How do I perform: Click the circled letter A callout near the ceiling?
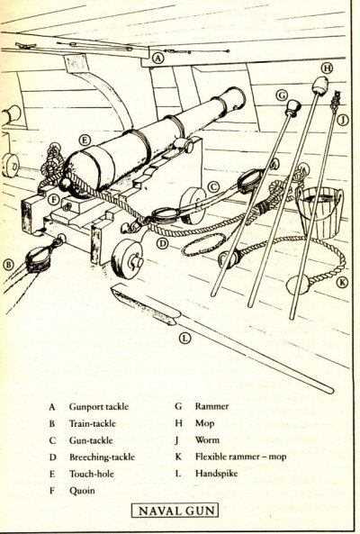[x=158, y=57]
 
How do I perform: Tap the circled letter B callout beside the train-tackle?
[x=8, y=265]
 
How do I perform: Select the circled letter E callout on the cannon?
[x=84, y=140]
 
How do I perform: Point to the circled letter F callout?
[x=54, y=199]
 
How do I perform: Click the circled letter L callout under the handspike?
[x=184, y=339]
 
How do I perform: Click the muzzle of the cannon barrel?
[x=238, y=97]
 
